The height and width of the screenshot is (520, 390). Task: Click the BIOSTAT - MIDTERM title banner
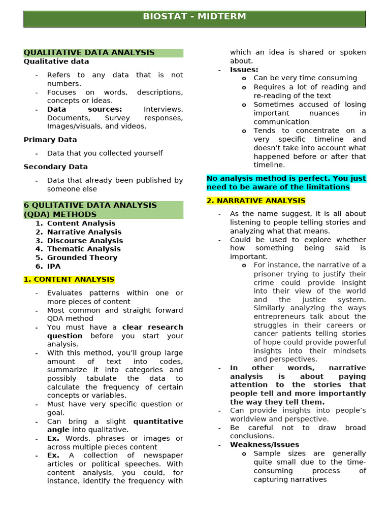pyautogui.click(x=194, y=17)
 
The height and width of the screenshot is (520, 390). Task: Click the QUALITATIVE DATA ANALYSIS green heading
pyautogui.click(x=89, y=53)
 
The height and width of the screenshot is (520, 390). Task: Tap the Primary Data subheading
pyautogui.click(x=50, y=140)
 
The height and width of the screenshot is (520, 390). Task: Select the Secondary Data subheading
pyautogui.click(x=56, y=167)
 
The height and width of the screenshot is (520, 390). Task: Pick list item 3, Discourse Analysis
pyautogui.click(x=85, y=241)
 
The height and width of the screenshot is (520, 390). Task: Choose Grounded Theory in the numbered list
pyautogui.click(x=82, y=257)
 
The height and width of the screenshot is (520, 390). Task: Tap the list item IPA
pyautogui.click(x=54, y=266)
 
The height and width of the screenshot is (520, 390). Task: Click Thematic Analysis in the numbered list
pyautogui.click(x=84, y=249)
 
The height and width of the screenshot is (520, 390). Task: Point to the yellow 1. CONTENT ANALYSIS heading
pyautogui.click(x=69, y=280)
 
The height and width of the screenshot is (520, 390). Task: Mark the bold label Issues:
pyautogui.click(x=244, y=70)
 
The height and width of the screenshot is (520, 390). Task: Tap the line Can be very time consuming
pyautogui.click(x=305, y=78)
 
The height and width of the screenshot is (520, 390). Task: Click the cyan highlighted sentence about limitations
pyautogui.click(x=286, y=183)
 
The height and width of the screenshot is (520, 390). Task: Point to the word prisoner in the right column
pyautogui.click(x=270, y=274)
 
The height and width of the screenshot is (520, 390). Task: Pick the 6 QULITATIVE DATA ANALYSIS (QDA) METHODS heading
pyautogui.click(x=90, y=210)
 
